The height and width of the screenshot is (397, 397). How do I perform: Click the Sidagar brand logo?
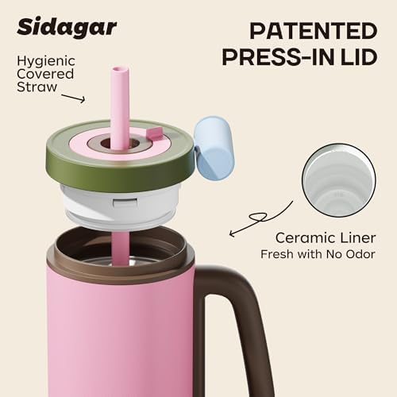(x=67, y=27)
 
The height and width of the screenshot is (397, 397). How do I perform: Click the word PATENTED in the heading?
(x=314, y=31)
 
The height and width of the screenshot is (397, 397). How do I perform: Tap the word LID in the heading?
(x=358, y=57)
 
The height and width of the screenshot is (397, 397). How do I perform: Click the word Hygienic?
(x=46, y=61)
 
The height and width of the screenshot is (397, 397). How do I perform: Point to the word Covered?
(x=45, y=74)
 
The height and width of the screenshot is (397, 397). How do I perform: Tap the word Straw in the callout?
(x=37, y=87)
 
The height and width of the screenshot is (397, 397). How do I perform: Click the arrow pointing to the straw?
(x=73, y=98)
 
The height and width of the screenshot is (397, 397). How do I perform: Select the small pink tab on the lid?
(x=155, y=132)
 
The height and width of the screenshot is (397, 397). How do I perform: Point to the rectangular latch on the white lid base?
(x=125, y=202)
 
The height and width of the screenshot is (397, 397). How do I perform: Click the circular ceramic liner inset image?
(x=339, y=180)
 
